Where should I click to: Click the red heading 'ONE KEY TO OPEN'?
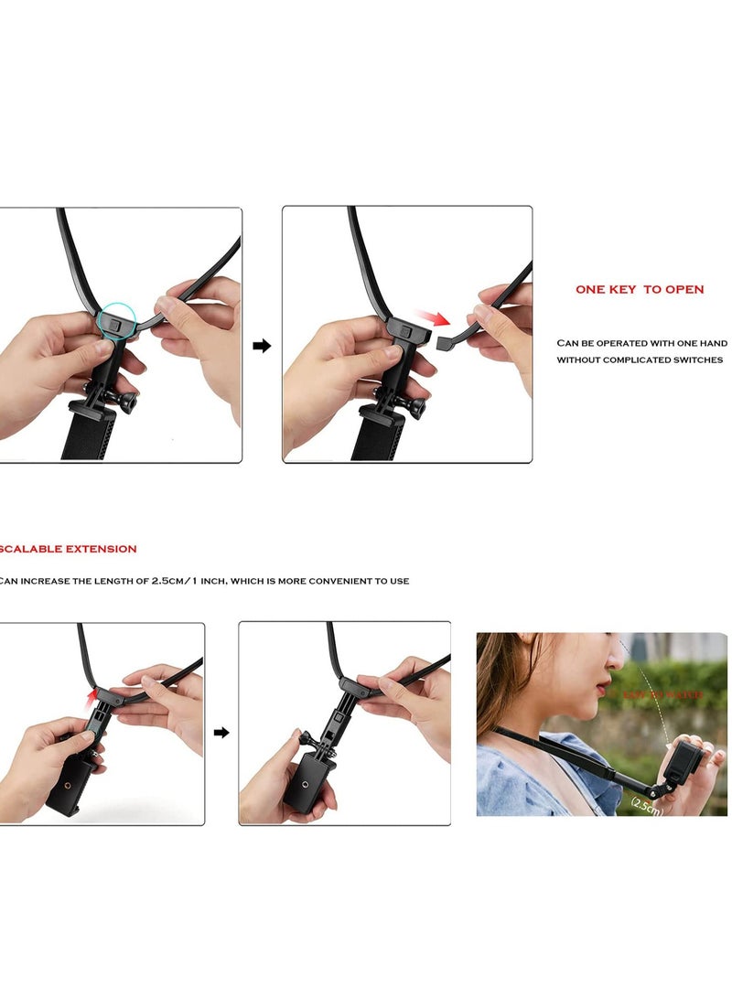[640, 289]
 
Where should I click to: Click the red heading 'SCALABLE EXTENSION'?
[68, 549]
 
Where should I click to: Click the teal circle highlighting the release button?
[117, 322]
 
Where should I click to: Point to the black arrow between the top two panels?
[262, 346]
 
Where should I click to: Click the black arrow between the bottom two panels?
[221, 733]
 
